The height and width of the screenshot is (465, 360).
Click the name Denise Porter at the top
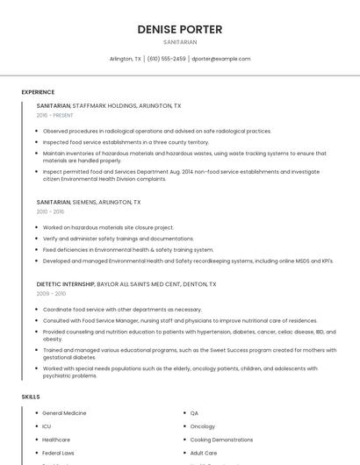180,29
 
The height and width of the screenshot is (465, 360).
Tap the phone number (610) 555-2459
166,59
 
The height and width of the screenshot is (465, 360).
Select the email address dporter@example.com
221,59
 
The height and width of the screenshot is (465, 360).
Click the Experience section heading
38,92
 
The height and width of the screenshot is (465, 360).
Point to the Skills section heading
31,397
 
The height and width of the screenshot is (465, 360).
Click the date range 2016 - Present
55,115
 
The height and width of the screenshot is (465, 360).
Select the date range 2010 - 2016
50,211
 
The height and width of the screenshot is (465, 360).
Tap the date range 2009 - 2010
50,294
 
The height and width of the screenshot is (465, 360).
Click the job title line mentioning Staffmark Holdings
109,105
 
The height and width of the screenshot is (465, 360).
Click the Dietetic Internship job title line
126,284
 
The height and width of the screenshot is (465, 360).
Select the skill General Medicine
64,412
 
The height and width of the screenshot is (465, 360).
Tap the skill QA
194,412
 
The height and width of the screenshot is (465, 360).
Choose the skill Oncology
202,426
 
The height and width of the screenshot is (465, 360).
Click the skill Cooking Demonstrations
221,440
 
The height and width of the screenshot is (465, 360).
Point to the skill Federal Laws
58,453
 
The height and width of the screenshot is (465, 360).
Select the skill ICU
47,426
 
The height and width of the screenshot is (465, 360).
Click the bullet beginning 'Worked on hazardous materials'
108,227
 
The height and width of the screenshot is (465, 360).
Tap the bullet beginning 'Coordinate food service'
122,310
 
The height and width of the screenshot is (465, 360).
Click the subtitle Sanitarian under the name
180,41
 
